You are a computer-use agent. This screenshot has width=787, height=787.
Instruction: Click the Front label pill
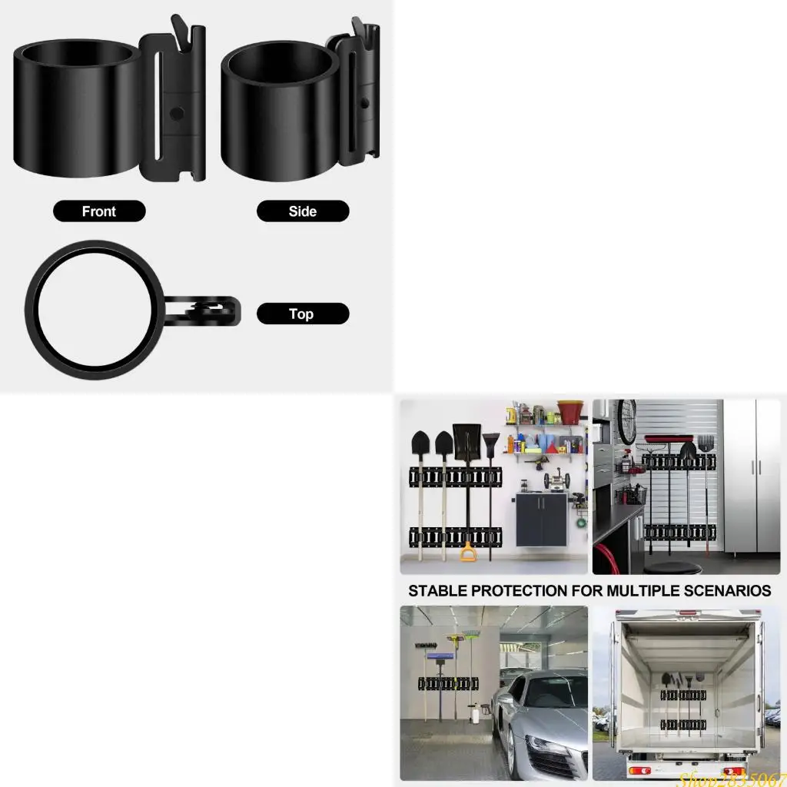99,211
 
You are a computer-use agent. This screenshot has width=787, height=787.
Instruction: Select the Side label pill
303,211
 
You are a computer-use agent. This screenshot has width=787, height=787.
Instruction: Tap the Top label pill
303,314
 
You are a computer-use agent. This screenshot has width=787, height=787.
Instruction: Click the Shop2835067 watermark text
730,778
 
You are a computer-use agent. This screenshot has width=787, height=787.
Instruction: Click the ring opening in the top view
95,310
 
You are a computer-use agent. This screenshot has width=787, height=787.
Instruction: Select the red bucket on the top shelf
569,412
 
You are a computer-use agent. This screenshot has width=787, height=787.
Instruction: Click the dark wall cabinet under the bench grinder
543,520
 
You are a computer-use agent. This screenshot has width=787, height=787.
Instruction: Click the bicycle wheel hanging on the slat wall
627,420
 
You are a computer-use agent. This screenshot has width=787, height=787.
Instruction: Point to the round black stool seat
672,567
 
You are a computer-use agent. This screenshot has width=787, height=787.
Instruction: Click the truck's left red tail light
639,770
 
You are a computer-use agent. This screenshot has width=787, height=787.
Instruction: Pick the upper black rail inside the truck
683,695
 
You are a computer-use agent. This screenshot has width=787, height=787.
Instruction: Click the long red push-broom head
669,439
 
